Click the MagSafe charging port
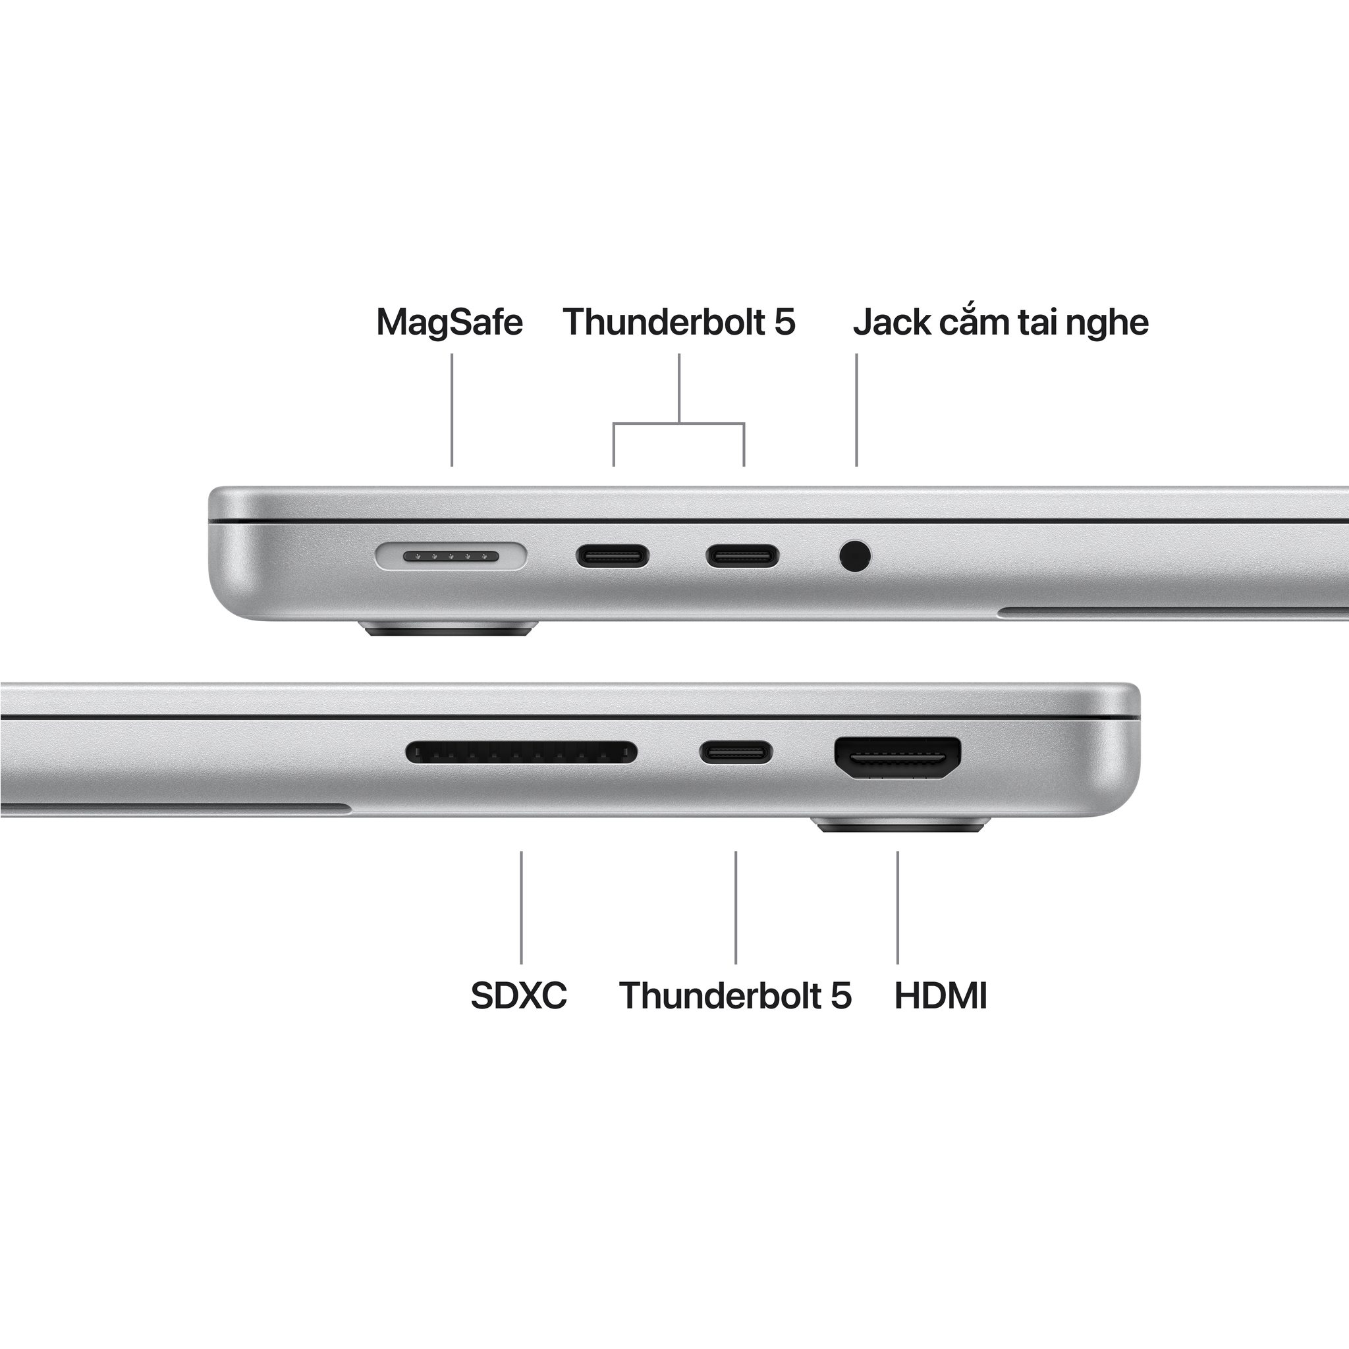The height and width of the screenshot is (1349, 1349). coord(451,557)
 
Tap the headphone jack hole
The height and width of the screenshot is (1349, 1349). coord(856,557)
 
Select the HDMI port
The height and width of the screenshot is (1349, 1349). coord(897,758)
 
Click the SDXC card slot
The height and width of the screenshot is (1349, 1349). coord(521,753)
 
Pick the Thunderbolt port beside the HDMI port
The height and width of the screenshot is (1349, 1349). coord(736,753)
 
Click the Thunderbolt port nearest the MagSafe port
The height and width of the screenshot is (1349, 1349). coord(613,557)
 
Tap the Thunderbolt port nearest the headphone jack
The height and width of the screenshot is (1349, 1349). coord(742,557)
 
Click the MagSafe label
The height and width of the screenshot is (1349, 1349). coord(449,322)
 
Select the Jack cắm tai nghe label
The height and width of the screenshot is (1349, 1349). coord(1000,322)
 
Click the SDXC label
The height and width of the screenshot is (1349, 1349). coord(519,995)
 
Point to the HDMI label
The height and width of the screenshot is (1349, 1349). coord(941,995)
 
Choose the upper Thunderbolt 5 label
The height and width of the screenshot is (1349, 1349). coord(678,322)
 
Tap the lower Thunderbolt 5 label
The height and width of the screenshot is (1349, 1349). coord(735,995)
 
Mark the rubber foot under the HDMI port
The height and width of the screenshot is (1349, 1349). coord(903,826)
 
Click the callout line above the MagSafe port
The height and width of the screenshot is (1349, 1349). coord(452,409)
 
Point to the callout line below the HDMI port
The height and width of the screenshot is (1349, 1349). coord(897,907)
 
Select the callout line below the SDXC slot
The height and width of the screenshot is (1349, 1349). coord(521,907)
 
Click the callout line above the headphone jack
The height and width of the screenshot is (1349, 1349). coord(857,409)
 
